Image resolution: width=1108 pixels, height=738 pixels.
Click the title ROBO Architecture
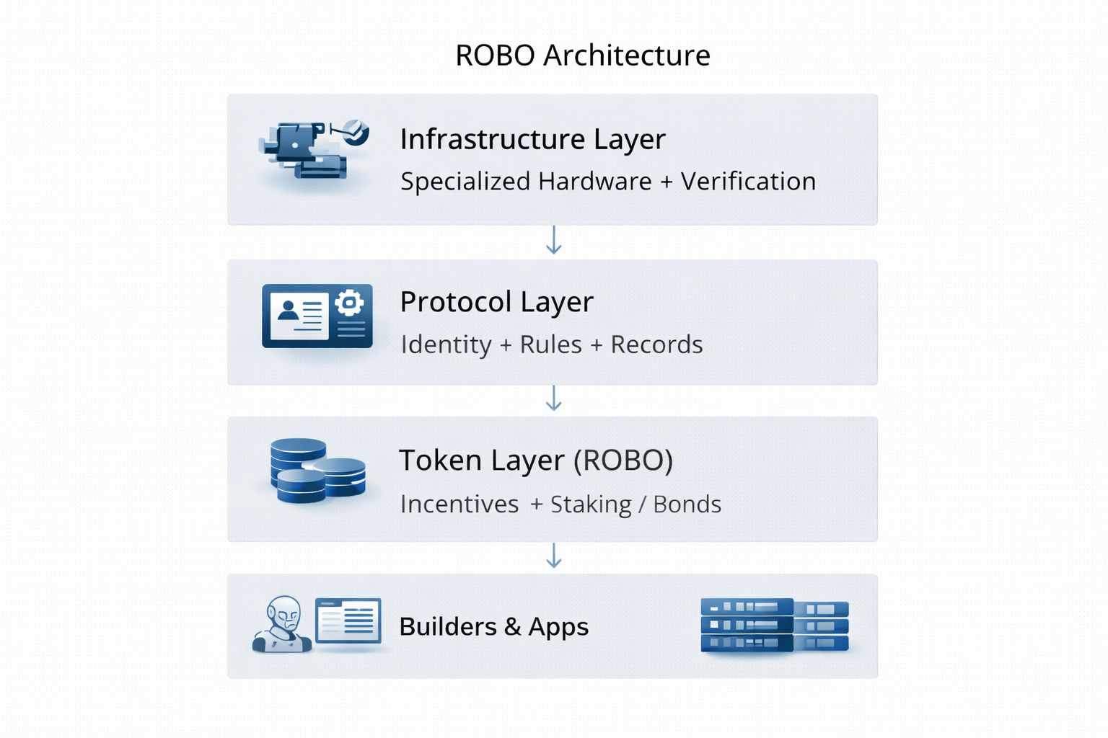click(582, 55)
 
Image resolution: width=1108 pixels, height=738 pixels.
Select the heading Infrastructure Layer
click(532, 139)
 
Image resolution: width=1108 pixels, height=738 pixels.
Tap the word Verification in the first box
click(748, 182)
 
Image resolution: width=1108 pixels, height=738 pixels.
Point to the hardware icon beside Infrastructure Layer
click(314, 150)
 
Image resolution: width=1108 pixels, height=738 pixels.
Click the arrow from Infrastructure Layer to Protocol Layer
click(553, 241)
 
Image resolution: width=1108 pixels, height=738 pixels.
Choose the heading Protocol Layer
click(496, 302)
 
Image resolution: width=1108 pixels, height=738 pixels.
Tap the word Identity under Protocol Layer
click(446, 344)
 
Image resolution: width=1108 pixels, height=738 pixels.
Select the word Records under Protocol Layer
click(656, 344)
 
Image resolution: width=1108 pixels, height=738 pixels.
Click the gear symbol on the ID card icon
click(350, 303)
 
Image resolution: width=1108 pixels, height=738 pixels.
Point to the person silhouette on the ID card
click(289, 311)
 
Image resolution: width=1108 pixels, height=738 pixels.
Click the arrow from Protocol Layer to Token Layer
click(553, 399)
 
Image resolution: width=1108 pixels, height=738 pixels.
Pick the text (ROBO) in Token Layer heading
click(623, 461)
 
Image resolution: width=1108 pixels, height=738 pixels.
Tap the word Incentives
click(460, 504)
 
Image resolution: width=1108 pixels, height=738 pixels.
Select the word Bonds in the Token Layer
click(687, 504)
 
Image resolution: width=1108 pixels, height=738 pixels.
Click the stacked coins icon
click(317, 470)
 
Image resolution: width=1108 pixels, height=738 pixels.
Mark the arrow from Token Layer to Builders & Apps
click(553, 556)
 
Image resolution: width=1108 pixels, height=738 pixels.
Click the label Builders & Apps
click(493, 627)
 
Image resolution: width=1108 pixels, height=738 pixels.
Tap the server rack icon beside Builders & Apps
click(774, 625)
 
